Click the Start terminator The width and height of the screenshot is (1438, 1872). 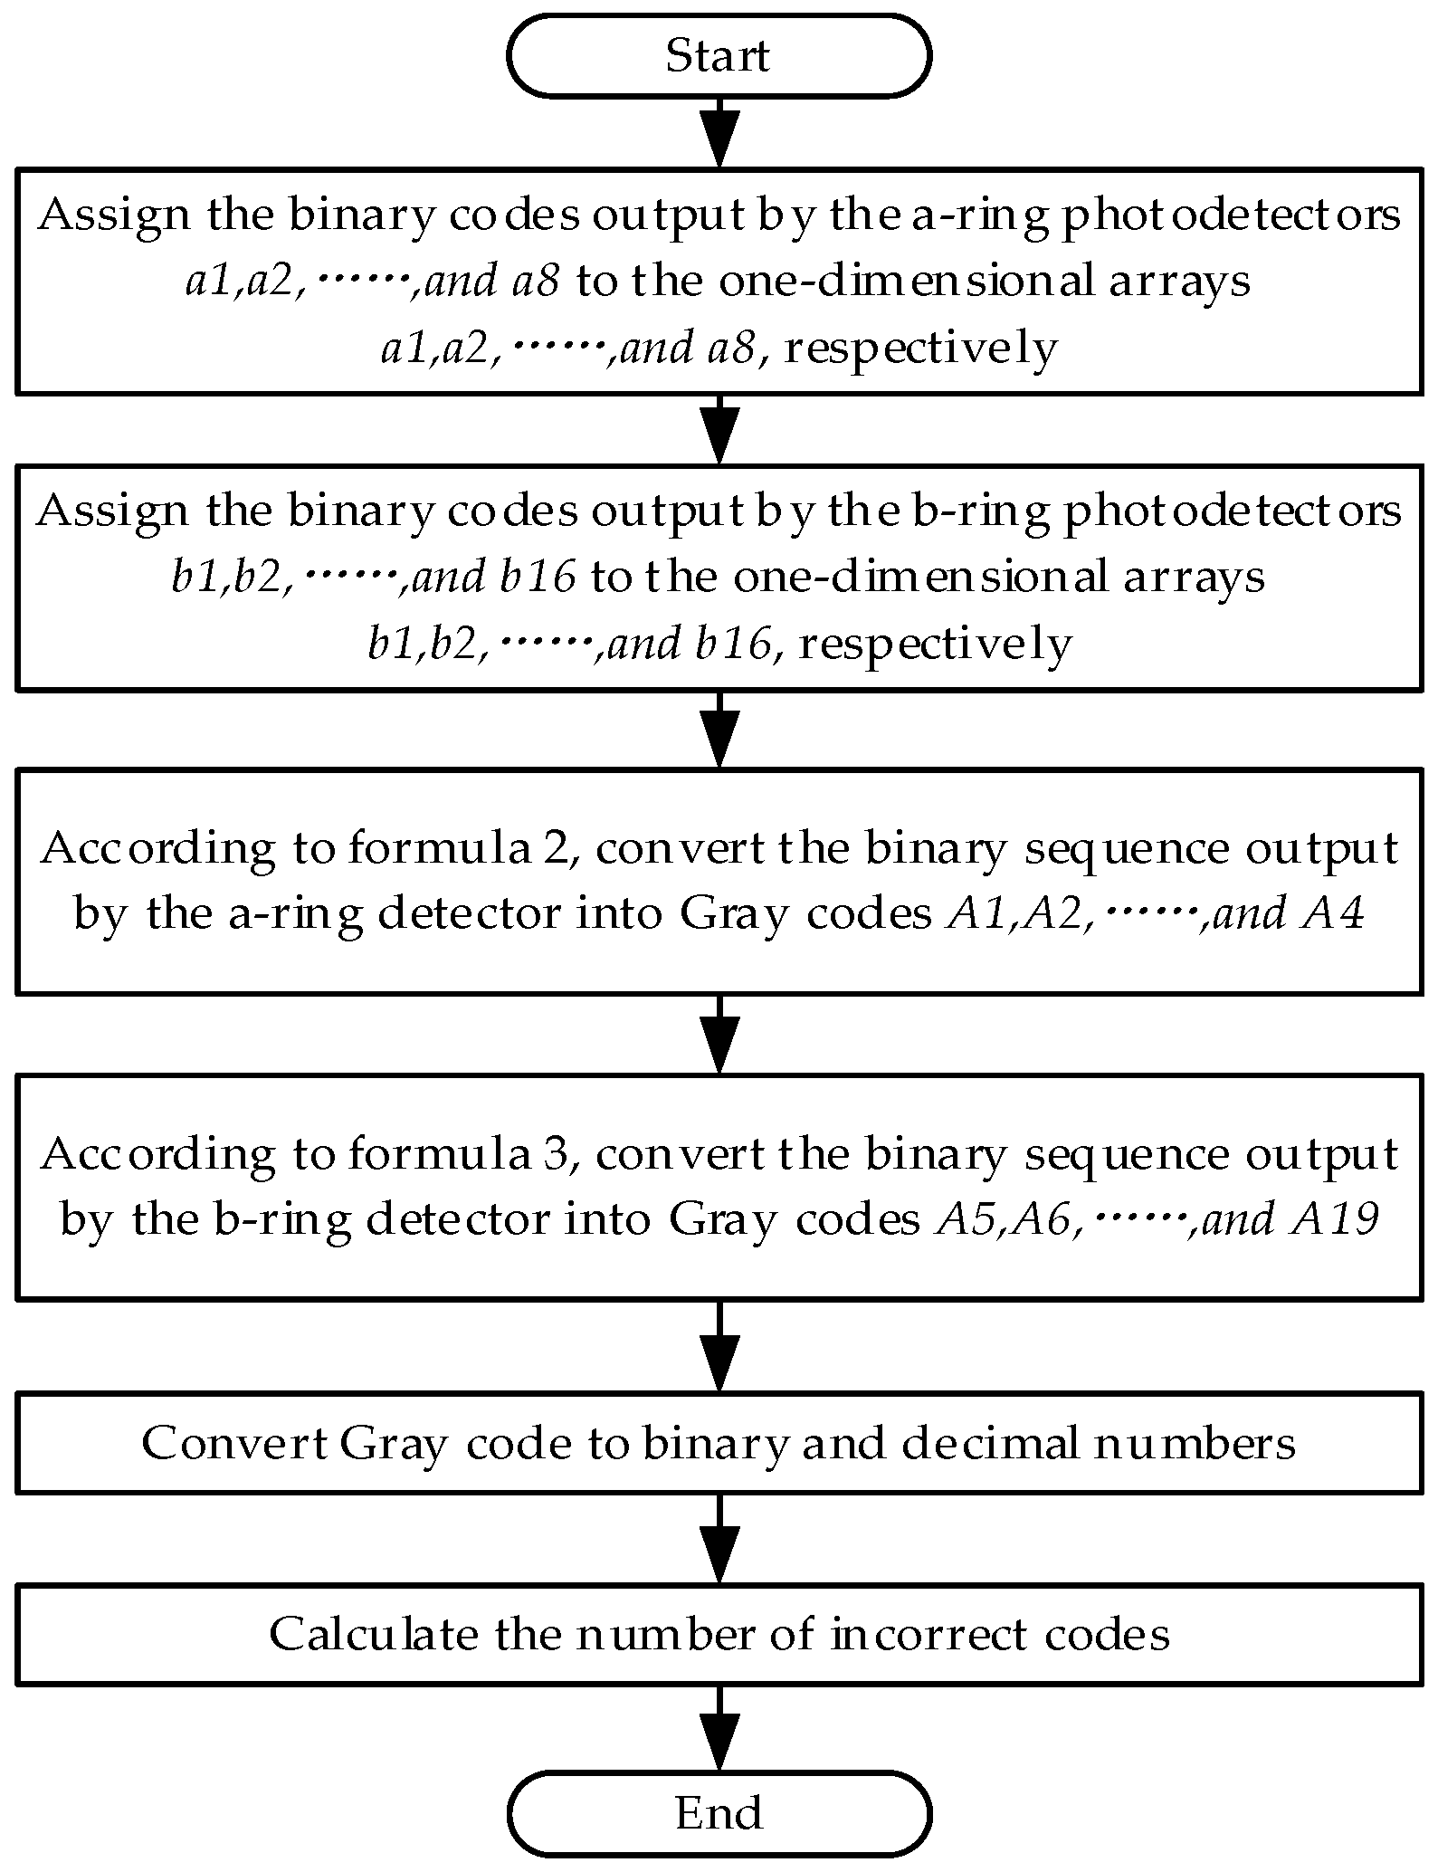point(719,55)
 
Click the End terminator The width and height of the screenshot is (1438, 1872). point(719,1812)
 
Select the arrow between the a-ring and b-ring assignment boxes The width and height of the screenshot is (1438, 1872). point(719,429)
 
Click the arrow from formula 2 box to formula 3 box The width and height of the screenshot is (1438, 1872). point(719,1034)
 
